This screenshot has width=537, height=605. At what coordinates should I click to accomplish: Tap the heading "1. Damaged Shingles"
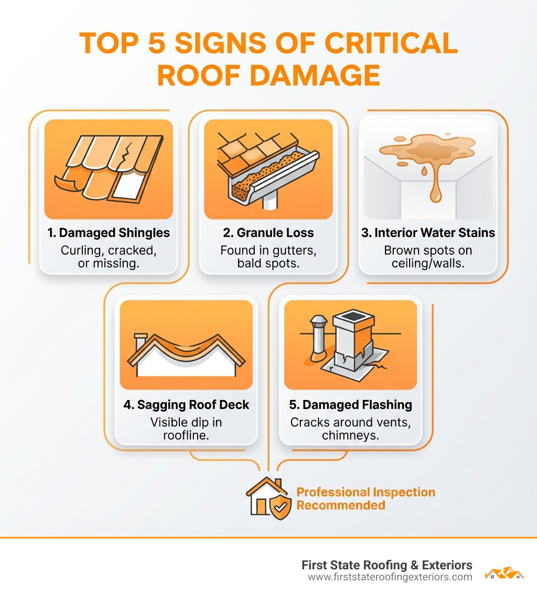tap(109, 233)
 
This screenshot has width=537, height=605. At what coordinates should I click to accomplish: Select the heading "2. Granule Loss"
tap(268, 233)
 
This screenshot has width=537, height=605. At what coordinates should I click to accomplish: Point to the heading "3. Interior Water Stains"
tap(428, 233)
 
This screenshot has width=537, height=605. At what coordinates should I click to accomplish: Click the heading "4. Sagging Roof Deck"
tap(186, 405)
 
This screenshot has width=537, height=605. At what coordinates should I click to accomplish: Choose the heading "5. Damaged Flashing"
tap(350, 405)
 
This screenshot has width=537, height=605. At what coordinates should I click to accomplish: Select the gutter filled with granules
tap(273, 176)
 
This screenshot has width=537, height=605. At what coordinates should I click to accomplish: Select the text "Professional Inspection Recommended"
tap(366, 499)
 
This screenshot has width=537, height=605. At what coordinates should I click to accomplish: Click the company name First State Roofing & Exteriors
tap(386, 565)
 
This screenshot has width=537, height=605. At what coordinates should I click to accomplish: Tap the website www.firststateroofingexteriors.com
tap(390, 577)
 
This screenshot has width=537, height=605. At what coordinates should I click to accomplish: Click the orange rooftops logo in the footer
tap(504, 572)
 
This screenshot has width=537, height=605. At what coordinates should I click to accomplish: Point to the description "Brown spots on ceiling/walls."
tap(428, 257)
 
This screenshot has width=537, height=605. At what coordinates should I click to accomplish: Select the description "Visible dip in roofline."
tap(186, 429)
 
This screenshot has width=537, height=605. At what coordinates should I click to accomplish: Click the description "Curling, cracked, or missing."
tap(109, 257)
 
